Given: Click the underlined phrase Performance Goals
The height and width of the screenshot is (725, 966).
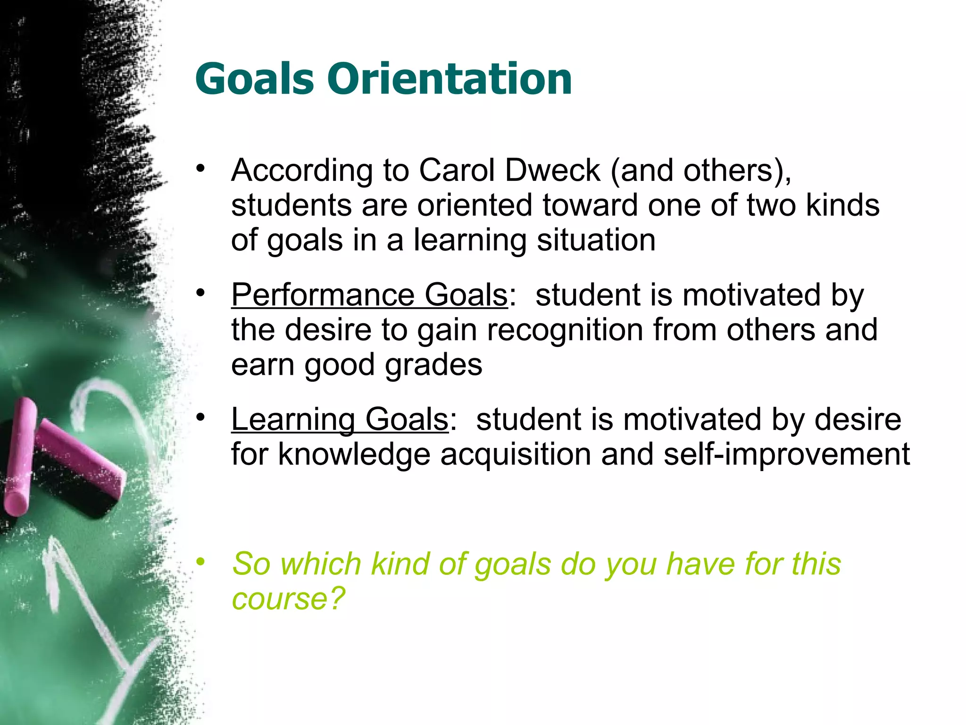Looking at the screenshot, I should click(369, 295).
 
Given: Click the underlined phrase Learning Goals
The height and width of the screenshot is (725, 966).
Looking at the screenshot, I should click(340, 419).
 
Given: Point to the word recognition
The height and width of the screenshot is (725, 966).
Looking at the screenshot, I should click(565, 330).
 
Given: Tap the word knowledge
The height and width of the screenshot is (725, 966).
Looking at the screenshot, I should click(354, 455).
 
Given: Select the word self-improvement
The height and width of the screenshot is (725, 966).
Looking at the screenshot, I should click(786, 455).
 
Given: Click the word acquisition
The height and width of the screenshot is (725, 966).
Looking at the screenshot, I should click(516, 455).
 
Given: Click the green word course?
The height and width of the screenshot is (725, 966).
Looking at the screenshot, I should click(289, 599).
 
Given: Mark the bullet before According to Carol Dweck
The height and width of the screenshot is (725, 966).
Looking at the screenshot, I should click(201, 169).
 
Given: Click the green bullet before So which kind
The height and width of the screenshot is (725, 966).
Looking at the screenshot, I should click(201, 562).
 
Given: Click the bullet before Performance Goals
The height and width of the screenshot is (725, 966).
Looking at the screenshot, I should click(201, 293).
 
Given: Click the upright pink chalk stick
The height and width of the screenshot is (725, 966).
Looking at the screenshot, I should click(20, 455).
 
